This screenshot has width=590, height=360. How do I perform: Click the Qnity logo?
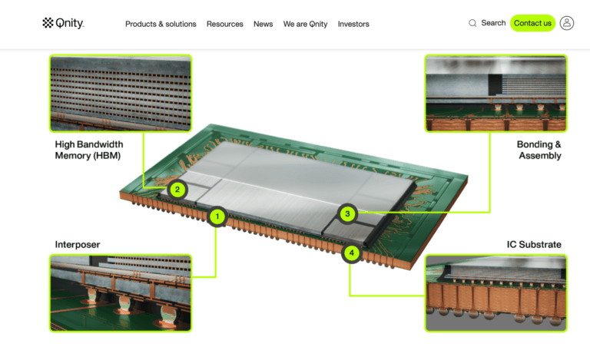point(63,23)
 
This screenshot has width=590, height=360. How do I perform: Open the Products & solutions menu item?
point(161,24)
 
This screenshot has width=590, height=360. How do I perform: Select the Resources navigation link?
point(224,24)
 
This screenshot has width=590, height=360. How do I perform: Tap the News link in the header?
point(263,24)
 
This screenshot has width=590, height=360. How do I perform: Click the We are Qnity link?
point(305,24)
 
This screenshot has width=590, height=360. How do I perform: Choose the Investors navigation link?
point(353,24)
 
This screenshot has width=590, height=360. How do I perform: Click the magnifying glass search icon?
point(472,23)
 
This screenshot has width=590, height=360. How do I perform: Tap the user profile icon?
point(567,23)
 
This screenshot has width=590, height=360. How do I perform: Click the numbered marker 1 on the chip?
point(217,216)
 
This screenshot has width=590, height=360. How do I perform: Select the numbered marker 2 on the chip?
point(177,190)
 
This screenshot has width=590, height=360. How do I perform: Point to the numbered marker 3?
point(347,214)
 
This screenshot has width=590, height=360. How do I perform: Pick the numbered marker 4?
point(351,253)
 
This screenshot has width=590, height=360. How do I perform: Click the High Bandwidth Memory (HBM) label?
point(89,150)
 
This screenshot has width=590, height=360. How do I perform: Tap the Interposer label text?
point(78,245)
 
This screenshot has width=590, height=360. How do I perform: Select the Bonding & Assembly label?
point(539,150)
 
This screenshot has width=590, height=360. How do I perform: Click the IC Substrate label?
point(534,245)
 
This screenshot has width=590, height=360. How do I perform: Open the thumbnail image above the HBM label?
point(121,93)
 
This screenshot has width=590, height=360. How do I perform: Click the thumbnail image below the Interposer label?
point(121,293)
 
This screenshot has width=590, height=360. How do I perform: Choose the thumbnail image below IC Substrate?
point(496,293)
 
